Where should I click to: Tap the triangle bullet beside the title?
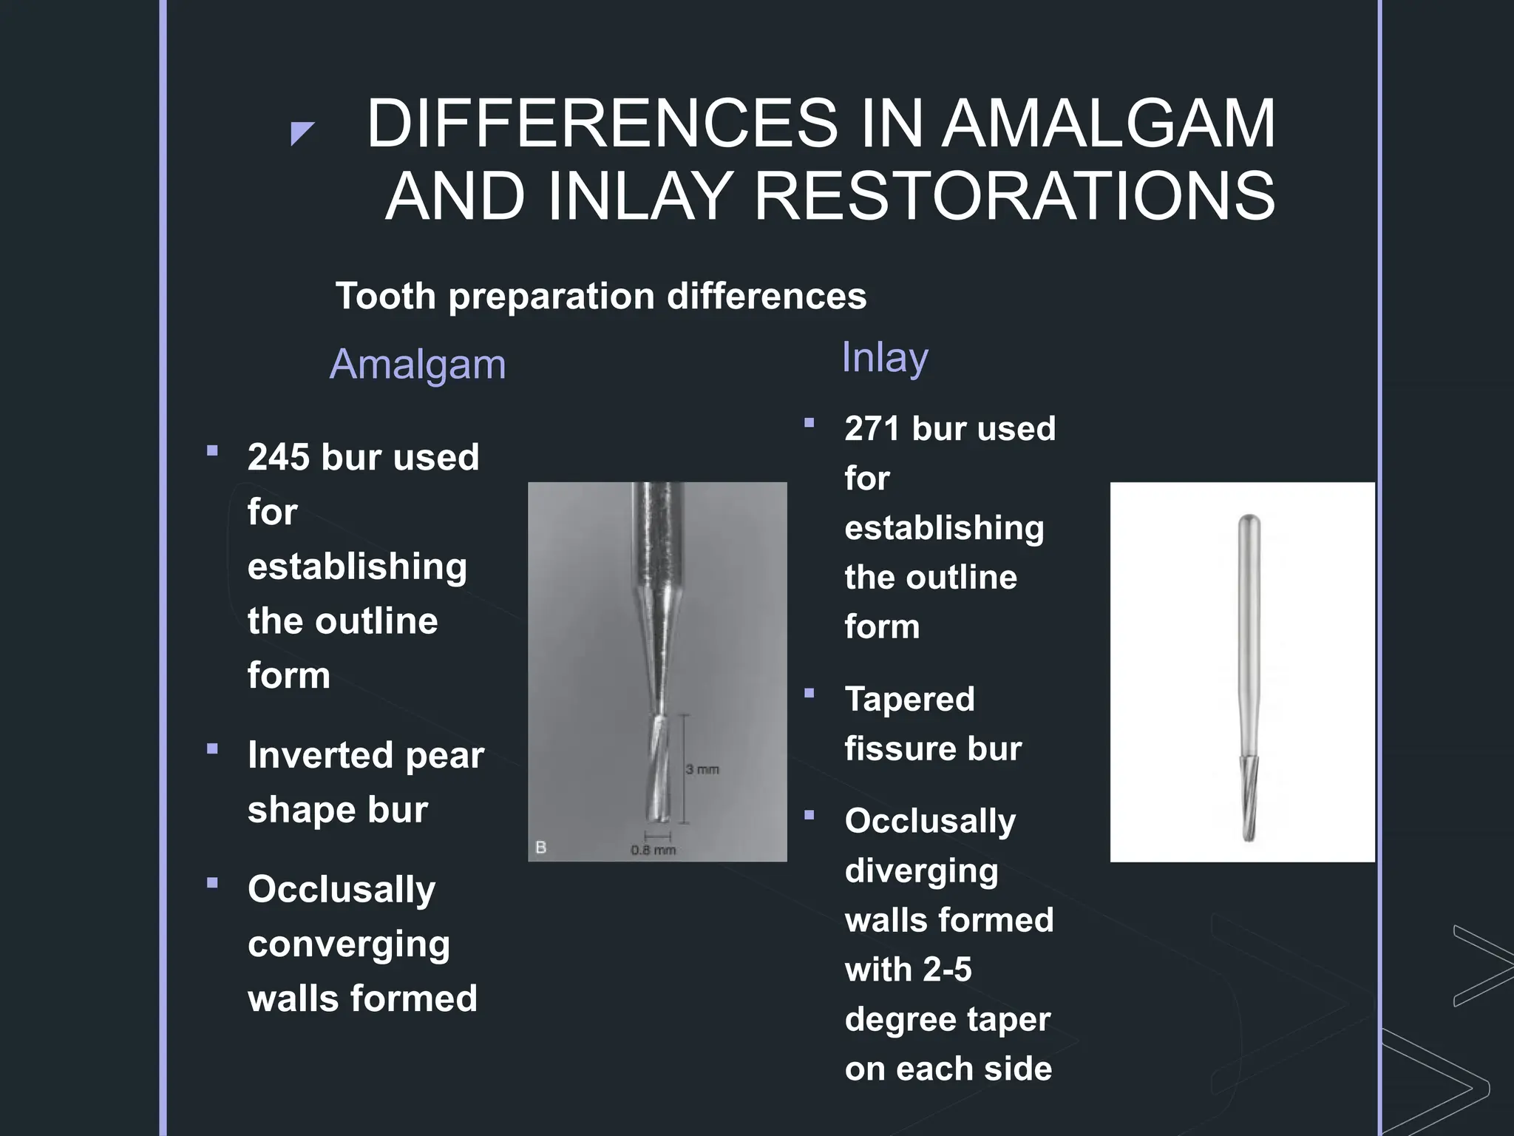[302, 133]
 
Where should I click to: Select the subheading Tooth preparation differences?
[600, 297]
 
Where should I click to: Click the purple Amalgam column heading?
[418, 365]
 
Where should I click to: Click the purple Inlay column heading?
[884, 358]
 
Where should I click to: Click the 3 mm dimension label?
[702, 770]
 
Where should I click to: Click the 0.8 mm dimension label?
[653, 851]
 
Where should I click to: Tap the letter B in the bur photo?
[540, 848]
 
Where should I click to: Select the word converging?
[348, 944]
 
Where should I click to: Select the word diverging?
[921, 871]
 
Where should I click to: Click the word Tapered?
[909, 700]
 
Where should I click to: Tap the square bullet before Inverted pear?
[213, 748]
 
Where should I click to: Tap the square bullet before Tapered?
[809, 693]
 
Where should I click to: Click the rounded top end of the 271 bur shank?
[1249, 520]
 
